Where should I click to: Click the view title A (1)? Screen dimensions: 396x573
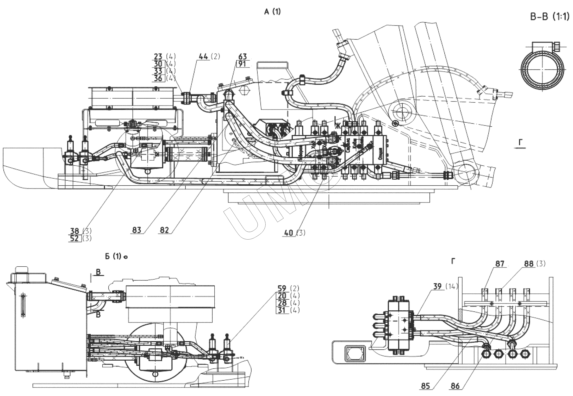pyautogui.click(x=272, y=12)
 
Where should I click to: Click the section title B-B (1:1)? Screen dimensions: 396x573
pyautogui.click(x=550, y=17)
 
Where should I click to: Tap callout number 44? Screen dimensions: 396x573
pyautogui.click(x=204, y=56)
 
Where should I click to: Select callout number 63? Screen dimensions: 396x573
pyautogui.click(x=242, y=56)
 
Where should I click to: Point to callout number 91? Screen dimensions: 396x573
pyautogui.click(x=242, y=64)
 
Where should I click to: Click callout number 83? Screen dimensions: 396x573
pyautogui.click(x=137, y=230)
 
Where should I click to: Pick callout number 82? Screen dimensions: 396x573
pyautogui.click(x=164, y=230)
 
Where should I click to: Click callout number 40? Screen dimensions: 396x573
pyautogui.click(x=288, y=232)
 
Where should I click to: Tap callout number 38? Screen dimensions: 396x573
pyautogui.click(x=75, y=231)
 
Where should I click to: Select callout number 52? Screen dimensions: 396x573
pyautogui.click(x=75, y=238)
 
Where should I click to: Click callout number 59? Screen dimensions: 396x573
pyautogui.click(x=282, y=288)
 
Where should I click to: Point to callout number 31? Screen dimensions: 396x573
pyautogui.click(x=282, y=310)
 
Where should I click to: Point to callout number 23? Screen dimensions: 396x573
pyautogui.click(x=158, y=56)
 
